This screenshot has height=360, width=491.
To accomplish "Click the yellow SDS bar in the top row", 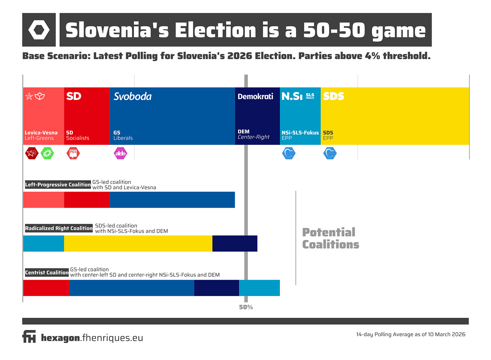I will (395, 116).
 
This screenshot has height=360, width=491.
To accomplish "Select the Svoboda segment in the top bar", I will (172, 116).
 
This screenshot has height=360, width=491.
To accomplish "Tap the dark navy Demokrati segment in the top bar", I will (257, 116).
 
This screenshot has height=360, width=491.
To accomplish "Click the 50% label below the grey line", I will (246, 307).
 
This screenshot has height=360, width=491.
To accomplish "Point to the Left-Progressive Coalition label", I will (58, 185).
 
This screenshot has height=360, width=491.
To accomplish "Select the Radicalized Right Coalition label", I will (59, 228).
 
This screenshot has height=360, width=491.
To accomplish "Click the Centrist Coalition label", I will (47, 272).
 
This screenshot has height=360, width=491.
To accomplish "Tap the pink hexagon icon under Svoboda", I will (120, 153).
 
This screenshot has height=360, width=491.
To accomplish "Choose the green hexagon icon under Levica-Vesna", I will (47, 153).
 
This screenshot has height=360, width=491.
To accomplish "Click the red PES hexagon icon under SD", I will (73, 153).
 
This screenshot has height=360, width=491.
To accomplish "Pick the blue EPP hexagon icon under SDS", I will (330, 153).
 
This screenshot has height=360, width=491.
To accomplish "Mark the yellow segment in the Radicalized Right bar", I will (138, 243).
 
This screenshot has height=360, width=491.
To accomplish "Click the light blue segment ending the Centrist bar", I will (259, 288).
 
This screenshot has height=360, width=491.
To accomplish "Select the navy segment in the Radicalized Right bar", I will (235, 243).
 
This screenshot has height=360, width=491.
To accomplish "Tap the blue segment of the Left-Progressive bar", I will (172, 200).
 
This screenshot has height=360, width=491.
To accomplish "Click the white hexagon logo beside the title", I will (39, 30).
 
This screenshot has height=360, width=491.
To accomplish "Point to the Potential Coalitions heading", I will (330, 238).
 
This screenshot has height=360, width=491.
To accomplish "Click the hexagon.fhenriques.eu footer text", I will (92, 338).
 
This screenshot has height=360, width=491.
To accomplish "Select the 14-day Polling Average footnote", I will (410, 334).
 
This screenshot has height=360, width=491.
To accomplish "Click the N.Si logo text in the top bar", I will (292, 96).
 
